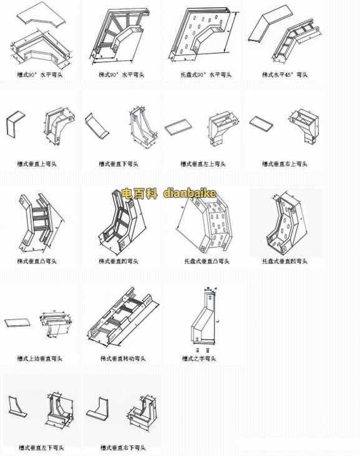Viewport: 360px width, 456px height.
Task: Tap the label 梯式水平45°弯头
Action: point(286,74)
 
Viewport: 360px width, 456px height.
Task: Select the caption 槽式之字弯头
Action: point(199,359)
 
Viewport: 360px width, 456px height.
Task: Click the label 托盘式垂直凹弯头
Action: point(285,261)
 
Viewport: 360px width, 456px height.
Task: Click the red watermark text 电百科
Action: point(140,193)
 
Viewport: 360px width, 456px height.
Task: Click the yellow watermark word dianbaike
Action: point(190,193)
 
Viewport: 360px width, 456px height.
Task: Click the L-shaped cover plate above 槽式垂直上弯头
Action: point(16,125)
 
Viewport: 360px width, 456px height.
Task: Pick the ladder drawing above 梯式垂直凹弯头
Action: point(121,221)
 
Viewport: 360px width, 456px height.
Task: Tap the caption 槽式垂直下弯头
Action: point(119,164)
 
